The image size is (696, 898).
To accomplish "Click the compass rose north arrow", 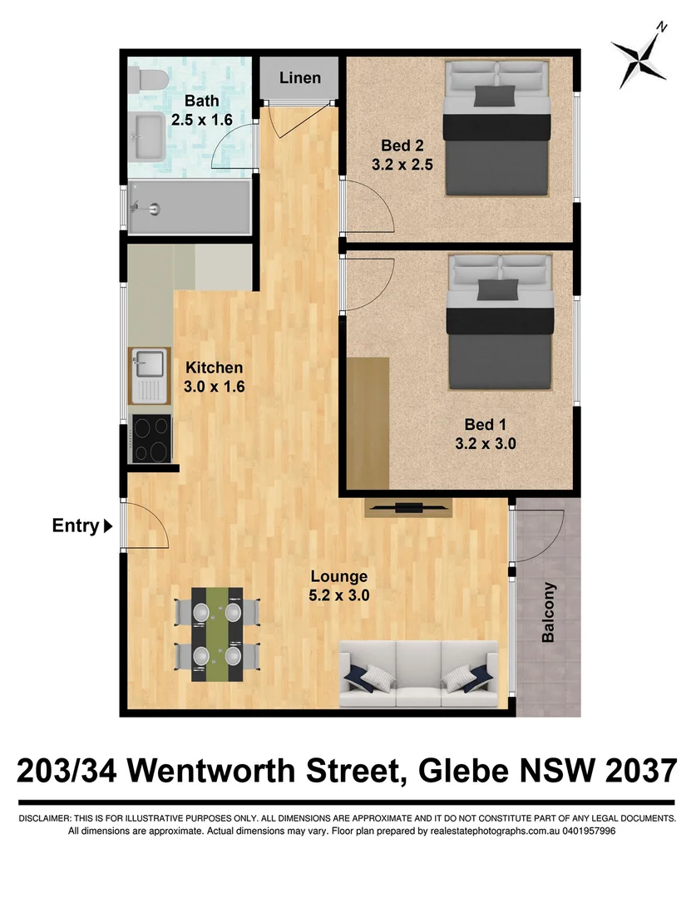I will [641, 57].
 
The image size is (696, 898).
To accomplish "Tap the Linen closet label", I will [299, 78].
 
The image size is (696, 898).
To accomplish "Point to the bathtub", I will [190, 207].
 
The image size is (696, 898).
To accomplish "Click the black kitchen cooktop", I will [151, 438].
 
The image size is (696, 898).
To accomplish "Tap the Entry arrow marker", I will [107, 525].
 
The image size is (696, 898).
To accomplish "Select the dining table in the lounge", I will [217, 634].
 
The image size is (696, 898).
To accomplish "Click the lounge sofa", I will [421, 673].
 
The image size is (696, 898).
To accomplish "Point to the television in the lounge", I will [408, 506].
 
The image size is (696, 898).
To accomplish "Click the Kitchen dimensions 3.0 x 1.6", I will [215, 387].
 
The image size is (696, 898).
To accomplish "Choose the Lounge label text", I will [339, 576].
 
